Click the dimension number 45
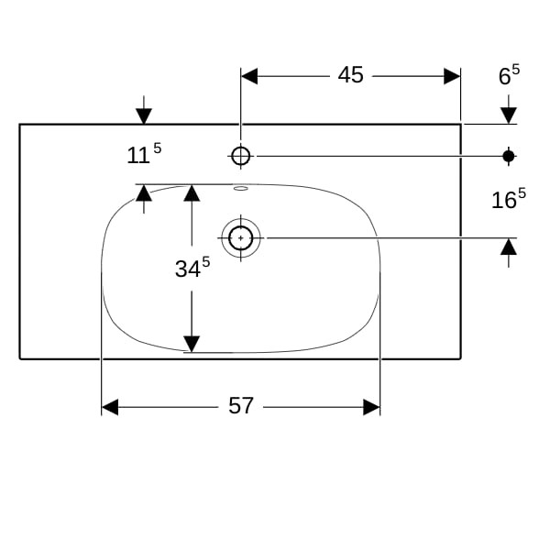(x=350, y=75)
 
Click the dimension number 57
(x=240, y=406)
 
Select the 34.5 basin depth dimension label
(x=192, y=268)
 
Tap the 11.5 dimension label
(x=144, y=154)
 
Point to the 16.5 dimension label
(x=509, y=199)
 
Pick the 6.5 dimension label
(x=510, y=75)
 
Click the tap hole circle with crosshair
(x=240, y=156)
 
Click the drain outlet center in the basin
(x=240, y=238)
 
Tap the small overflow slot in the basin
(x=241, y=189)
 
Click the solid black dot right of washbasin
(x=509, y=156)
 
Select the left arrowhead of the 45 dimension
(x=249, y=76)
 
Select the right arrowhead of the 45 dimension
(x=452, y=76)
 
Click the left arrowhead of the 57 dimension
(x=110, y=407)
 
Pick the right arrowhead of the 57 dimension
(x=371, y=407)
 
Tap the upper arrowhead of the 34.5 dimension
(x=192, y=192)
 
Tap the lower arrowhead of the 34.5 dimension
(x=192, y=344)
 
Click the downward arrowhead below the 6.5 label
(x=509, y=115)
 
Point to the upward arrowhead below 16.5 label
(x=509, y=247)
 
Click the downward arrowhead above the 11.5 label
(x=144, y=116)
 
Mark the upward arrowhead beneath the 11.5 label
(x=144, y=192)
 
